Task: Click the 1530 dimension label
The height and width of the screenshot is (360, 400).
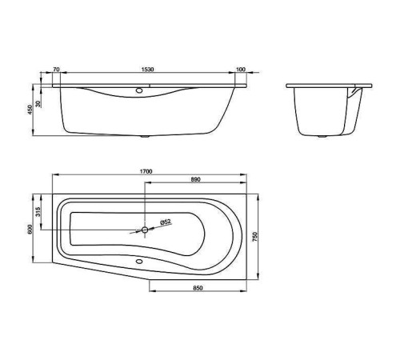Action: pyautogui.click(x=147, y=70)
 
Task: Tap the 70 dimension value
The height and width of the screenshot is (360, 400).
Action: pyautogui.click(x=56, y=70)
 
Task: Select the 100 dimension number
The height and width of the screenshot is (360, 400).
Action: pyautogui.click(x=241, y=70)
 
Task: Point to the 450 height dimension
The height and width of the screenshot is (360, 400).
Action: pyautogui.click(x=30, y=110)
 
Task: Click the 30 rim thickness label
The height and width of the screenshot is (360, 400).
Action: pyautogui.click(x=39, y=104)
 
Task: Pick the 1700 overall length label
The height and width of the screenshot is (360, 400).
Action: pyautogui.click(x=146, y=171)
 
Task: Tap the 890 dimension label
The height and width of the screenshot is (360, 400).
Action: pyautogui.click(x=195, y=179)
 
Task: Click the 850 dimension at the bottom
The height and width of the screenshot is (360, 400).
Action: pyautogui.click(x=198, y=288)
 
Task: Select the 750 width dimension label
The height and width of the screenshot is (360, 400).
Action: pyautogui.click(x=255, y=237)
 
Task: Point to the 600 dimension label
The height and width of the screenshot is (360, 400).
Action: pyautogui.click(x=30, y=229)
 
